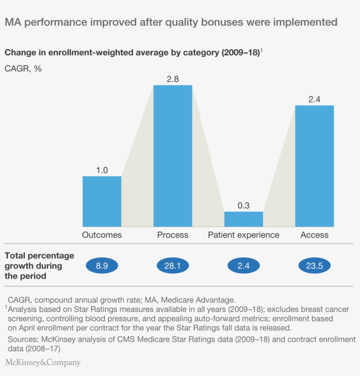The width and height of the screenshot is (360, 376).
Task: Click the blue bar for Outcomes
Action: coord(102,201)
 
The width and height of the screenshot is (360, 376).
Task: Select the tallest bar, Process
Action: coord(173,156)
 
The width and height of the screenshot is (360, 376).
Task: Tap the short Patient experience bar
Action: coord(244,219)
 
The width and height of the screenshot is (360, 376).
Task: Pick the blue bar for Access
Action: coord(314,166)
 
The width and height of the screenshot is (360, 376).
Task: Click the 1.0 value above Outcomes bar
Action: coord(102,170)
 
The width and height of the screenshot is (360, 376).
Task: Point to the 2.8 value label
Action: coord(173,79)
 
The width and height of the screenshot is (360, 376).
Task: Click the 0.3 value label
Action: coord(244,206)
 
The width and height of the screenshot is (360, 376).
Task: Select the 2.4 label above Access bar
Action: coord(314,99)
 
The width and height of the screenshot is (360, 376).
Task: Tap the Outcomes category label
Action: coord(102,235)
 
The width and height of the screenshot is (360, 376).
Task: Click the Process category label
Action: coord(173,235)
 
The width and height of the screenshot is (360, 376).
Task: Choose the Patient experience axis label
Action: coord(244,235)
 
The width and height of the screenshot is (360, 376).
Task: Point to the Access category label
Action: coord(314,235)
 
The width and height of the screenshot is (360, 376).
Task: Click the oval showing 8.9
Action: coord(102,266)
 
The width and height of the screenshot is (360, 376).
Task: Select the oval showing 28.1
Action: coord(173,266)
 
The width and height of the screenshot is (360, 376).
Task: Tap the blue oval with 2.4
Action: coord(244,266)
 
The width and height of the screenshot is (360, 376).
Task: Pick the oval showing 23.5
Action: coord(314,266)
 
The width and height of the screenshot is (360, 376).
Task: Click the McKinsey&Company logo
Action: coord(43,362)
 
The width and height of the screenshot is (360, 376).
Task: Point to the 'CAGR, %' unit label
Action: coord(23,69)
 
